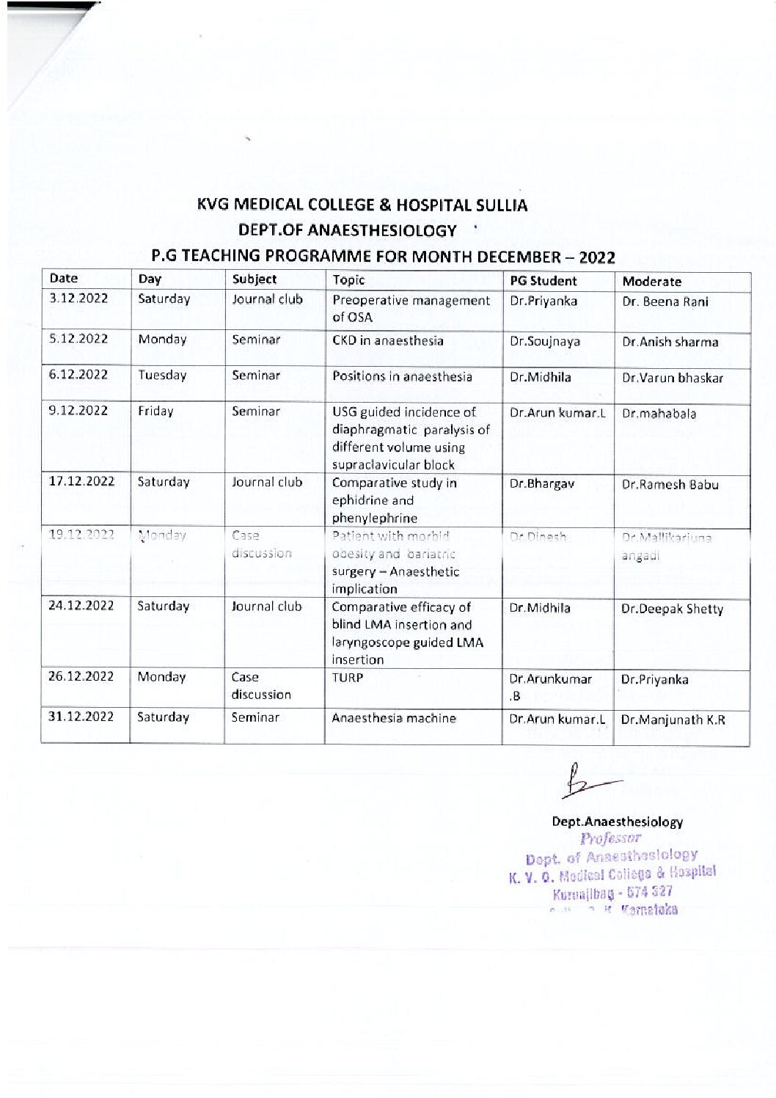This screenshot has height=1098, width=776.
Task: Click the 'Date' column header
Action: (x=64, y=279)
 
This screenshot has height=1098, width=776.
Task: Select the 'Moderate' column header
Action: (x=651, y=282)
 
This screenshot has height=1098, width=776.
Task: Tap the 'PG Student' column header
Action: (x=543, y=281)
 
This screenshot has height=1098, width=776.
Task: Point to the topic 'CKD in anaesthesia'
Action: (x=388, y=340)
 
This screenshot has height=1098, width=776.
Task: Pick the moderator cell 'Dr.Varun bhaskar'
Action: (x=672, y=378)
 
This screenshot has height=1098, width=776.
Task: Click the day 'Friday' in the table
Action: (x=155, y=411)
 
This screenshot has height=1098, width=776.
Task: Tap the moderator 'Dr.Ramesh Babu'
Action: (x=670, y=485)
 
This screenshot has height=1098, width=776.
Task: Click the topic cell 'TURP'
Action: (x=348, y=678)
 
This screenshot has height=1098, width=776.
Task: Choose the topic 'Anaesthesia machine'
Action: (x=394, y=718)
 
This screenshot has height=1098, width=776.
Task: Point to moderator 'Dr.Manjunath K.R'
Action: (x=673, y=720)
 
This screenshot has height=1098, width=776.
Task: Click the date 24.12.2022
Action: (x=81, y=606)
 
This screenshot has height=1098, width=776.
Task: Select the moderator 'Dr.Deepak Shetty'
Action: (x=672, y=609)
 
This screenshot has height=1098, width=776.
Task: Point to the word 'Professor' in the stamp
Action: (x=610, y=838)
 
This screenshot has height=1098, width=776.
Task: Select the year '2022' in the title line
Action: (x=596, y=257)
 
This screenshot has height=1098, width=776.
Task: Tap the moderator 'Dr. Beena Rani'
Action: (x=665, y=301)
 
